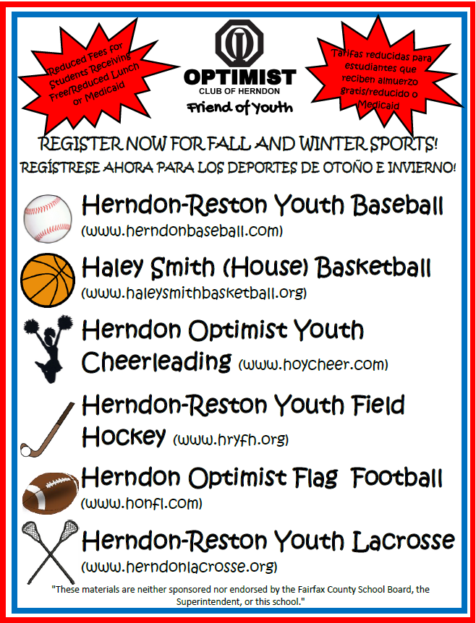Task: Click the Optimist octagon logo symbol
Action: click(239, 46)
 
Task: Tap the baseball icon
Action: click(48, 218)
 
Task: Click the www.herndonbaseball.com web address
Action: click(182, 231)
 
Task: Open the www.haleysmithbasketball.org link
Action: click(194, 293)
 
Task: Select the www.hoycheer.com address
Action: click(313, 363)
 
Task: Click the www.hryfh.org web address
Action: click(231, 439)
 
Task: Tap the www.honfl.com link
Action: click(141, 502)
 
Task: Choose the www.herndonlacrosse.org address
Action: click(179, 565)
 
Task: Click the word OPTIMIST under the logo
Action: click(239, 77)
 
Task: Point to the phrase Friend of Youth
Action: click(239, 107)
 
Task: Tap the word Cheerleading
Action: click(156, 361)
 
